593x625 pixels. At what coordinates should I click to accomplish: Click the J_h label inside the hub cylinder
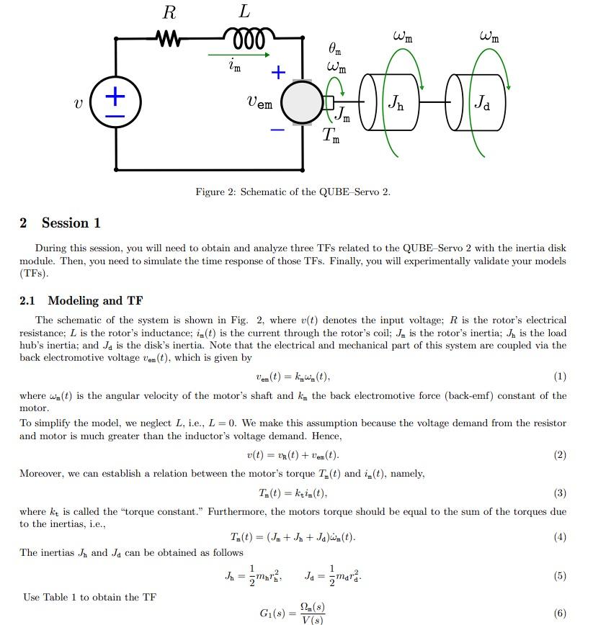click(396, 104)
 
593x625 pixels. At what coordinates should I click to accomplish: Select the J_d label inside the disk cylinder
click(481, 104)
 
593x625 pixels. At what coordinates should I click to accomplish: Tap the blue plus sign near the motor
click(278, 72)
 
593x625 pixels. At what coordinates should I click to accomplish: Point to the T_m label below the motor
click(330, 135)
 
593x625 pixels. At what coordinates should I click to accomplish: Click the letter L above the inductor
click(245, 12)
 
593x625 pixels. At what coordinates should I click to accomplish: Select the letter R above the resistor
click(170, 12)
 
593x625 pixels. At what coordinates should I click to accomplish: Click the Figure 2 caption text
click(293, 192)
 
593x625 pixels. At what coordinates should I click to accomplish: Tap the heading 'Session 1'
click(71, 223)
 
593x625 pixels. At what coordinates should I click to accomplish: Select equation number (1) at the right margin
click(560, 377)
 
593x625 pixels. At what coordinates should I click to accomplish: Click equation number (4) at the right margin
click(560, 537)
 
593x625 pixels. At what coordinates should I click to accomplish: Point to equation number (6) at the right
click(560, 613)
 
